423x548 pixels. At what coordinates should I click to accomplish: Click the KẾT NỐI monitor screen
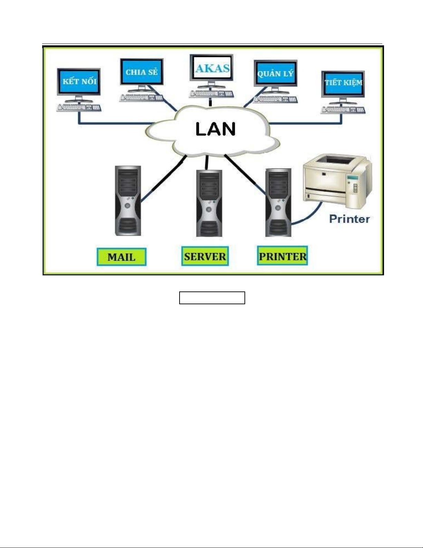(79, 82)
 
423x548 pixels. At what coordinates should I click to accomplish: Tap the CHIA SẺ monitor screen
(142, 72)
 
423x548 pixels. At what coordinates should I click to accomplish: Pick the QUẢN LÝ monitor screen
(275, 74)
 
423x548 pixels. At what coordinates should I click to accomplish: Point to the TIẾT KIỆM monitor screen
(343, 83)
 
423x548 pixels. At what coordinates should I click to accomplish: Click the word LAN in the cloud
(215, 129)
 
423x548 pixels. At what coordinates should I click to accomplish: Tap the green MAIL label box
(121, 257)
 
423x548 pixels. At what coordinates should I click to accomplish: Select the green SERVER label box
(205, 256)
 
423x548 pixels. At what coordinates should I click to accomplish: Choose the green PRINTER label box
(282, 256)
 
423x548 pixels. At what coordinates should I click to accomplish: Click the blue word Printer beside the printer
(349, 219)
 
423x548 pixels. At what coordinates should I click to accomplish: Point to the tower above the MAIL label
(128, 201)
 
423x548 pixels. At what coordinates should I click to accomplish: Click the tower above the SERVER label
(209, 203)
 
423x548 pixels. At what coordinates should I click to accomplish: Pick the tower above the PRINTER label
(278, 203)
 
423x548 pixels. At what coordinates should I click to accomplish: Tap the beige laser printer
(337, 182)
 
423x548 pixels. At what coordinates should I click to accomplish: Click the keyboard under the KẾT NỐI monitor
(79, 108)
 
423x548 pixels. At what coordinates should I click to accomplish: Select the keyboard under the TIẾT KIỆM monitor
(343, 110)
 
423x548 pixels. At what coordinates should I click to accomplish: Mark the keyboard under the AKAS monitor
(211, 94)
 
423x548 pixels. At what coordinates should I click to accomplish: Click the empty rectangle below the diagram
(212, 298)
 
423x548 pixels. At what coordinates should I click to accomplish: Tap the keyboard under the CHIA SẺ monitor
(141, 97)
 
